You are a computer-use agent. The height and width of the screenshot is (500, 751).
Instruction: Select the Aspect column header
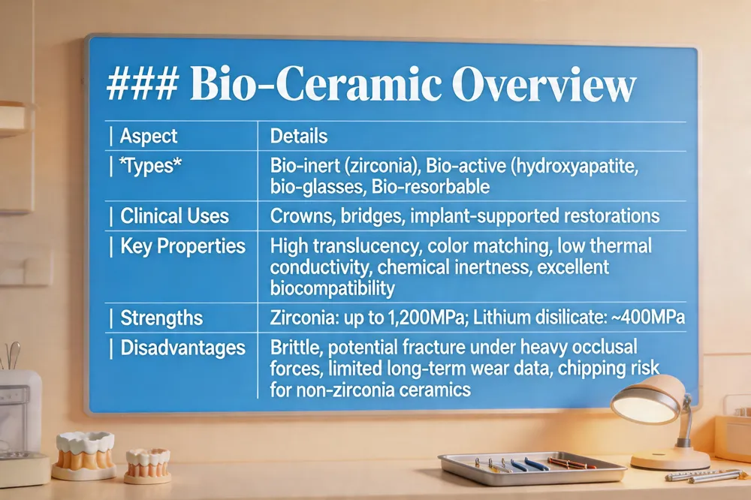[149, 136]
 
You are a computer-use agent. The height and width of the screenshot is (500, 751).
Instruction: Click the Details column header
[299, 136]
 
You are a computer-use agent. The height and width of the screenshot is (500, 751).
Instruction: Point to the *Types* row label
[151, 166]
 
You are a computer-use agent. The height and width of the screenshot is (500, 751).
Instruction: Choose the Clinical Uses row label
[174, 216]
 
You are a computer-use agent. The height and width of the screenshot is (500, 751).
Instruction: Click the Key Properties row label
[182, 247]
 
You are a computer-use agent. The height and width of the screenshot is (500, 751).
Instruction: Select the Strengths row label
[161, 318]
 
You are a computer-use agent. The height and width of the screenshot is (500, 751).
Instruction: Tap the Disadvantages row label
[182, 348]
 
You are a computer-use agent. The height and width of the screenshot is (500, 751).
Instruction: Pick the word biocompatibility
[333, 288]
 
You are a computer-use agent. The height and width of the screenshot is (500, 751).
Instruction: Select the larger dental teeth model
[84, 455]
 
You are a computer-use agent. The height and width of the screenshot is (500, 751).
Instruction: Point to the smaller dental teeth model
[147, 465]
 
